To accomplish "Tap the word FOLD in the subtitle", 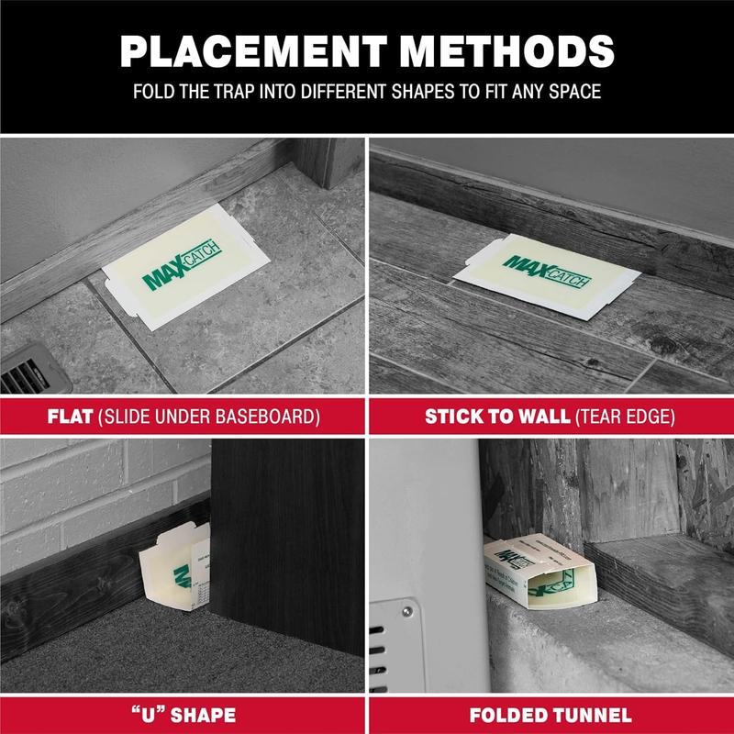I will [x=156, y=93].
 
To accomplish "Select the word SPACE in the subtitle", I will [x=575, y=93].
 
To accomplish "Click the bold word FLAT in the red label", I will [x=71, y=417].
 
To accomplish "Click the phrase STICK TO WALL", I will [x=496, y=417].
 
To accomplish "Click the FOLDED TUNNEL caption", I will [x=550, y=715].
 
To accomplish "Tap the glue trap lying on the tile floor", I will [x=184, y=274].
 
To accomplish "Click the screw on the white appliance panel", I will [x=405, y=610].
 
